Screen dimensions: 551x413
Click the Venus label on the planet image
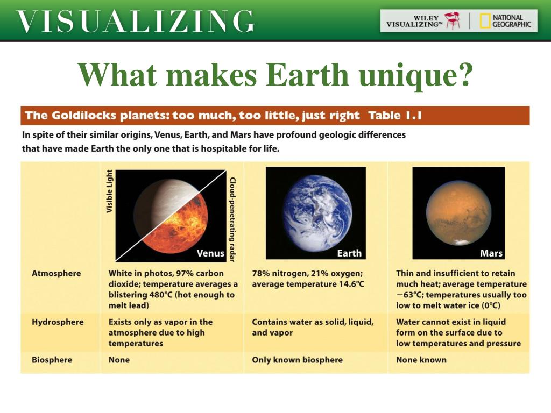(210, 253)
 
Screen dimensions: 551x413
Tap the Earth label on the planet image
(349, 253)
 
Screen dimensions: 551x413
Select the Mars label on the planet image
(491, 253)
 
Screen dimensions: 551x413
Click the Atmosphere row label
(56, 273)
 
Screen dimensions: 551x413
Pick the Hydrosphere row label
(58, 322)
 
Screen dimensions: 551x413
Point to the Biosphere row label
(52, 360)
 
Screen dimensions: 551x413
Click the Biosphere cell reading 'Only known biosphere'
(297, 360)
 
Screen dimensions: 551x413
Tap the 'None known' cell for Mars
(421, 360)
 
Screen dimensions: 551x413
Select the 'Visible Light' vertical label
(110, 191)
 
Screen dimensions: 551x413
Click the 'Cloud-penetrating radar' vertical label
(232, 219)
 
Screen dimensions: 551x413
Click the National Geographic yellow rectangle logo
(485, 21)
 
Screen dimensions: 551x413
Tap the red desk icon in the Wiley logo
(452, 20)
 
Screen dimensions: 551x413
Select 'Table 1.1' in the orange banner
(395, 116)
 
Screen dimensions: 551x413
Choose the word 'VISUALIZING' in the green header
(136, 22)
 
